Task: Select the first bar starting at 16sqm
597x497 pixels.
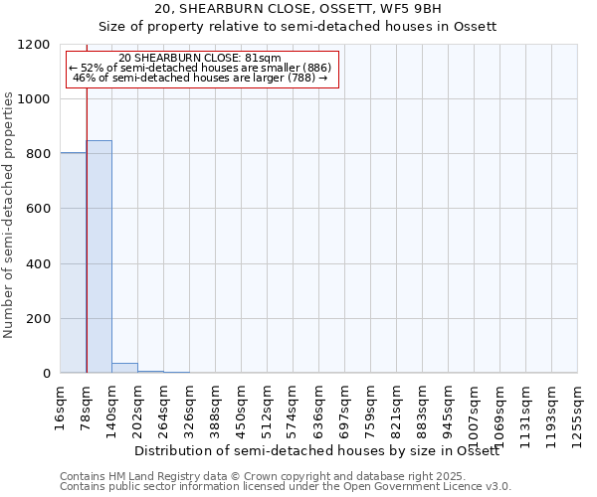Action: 73,262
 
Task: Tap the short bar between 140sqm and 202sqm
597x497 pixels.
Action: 124,368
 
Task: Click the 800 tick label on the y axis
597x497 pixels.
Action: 41,154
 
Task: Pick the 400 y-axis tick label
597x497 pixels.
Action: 41,264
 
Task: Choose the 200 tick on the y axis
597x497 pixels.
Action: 41,319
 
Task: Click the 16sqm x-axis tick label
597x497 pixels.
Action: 61,405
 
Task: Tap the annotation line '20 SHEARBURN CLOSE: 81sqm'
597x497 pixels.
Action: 199,59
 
